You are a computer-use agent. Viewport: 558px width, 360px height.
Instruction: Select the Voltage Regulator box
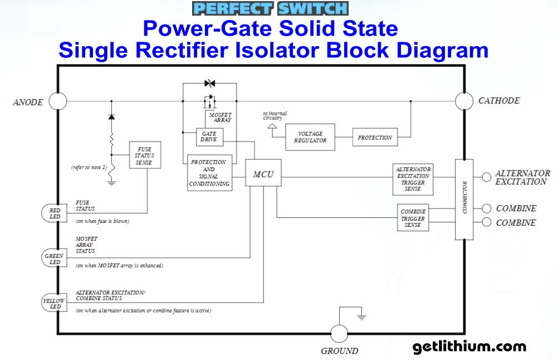(310, 137)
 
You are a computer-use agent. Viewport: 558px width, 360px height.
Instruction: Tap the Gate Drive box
(209, 137)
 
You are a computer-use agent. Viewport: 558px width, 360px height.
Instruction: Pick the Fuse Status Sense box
(145, 155)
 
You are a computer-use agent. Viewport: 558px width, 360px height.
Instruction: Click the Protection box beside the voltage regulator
(375, 137)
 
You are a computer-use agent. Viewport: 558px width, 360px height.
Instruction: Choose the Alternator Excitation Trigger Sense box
(413, 179)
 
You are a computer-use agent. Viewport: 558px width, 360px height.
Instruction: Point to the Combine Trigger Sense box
(413, 218)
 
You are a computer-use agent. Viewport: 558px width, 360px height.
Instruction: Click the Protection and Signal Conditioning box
(209, 173)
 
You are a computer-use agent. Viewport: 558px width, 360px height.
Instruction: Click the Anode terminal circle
(57, 101)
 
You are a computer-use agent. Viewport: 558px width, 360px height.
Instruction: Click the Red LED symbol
(54, 213)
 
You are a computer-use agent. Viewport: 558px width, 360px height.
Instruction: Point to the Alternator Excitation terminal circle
(486, 177)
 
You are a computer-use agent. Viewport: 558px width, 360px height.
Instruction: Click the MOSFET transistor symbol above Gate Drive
(209, 102)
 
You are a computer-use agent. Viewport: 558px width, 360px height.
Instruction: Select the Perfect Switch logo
(270, 8)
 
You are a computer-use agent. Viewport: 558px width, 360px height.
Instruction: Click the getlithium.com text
(469, 347)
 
